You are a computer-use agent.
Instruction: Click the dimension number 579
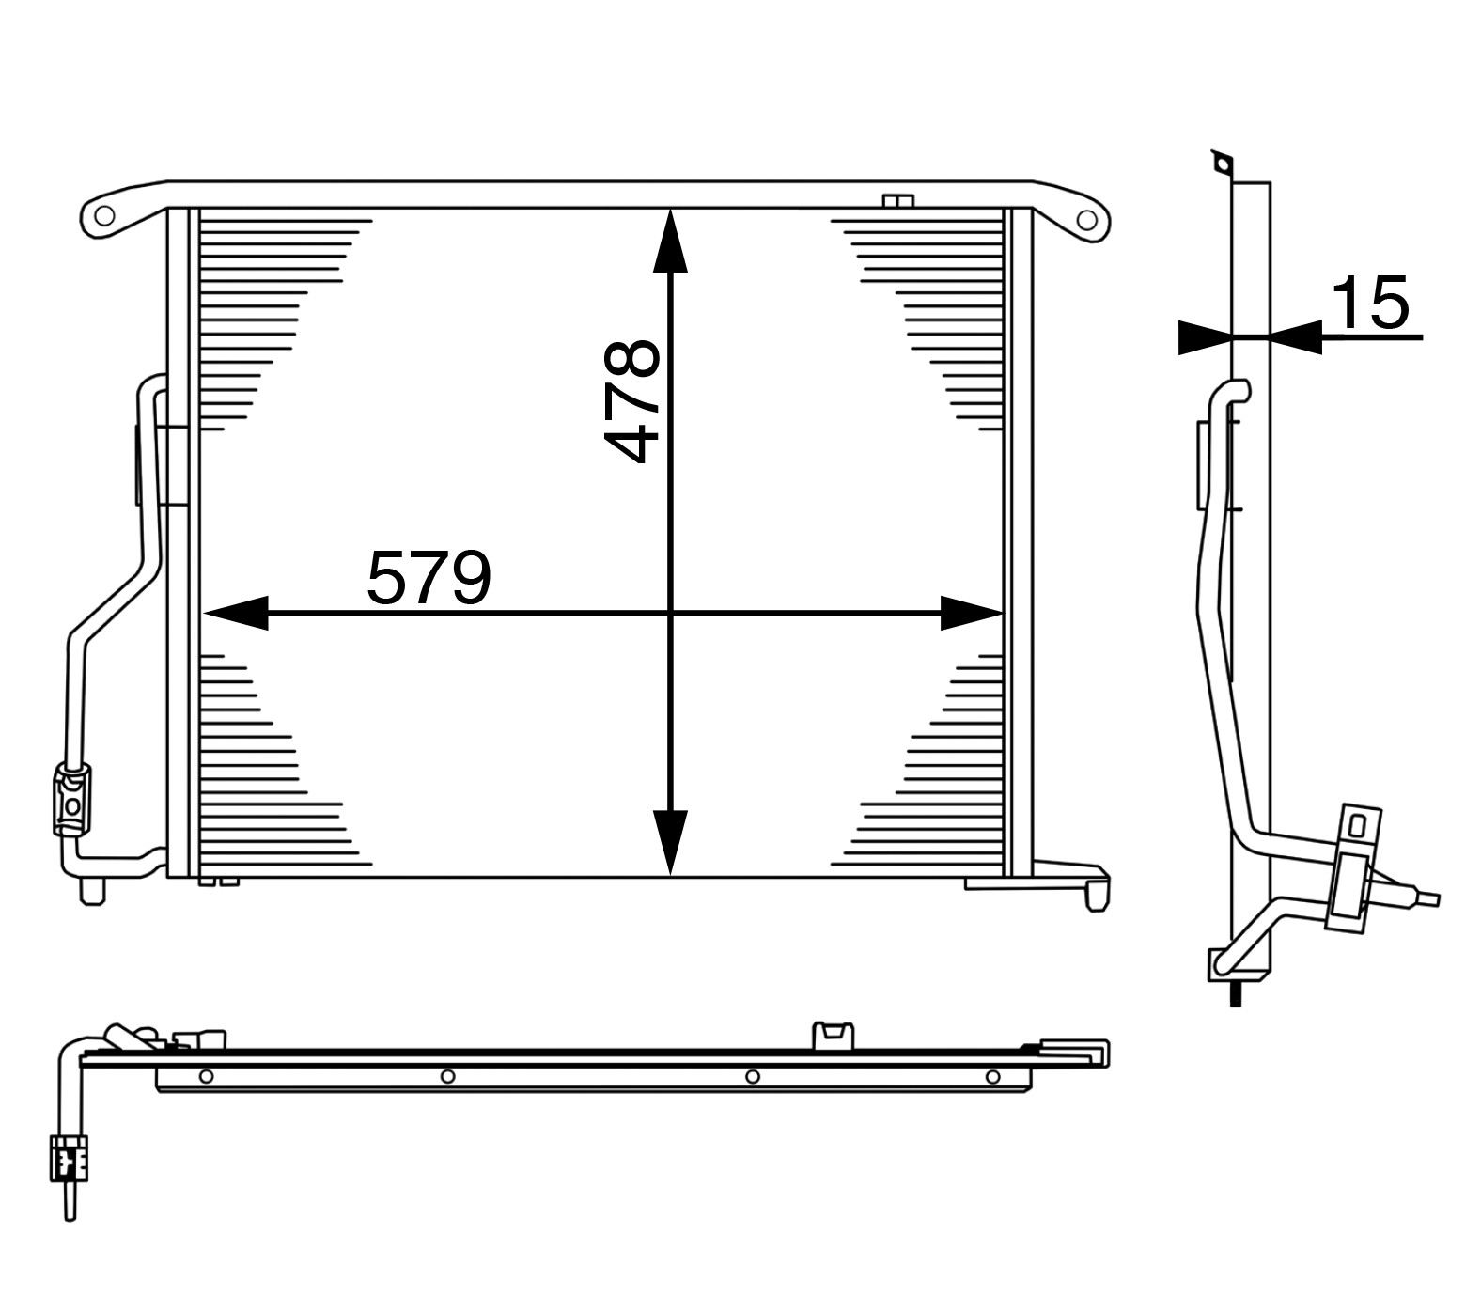coord(428,578)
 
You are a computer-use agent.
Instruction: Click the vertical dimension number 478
coord(631,401)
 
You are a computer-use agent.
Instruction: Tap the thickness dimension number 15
coord(1370,304)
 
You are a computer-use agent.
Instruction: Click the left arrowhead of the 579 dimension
coord(235,613)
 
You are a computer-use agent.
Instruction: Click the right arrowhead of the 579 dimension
coord(972,613)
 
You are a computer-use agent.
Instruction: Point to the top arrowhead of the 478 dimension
coord(669,242)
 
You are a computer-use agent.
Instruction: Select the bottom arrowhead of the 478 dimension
coord(669,841)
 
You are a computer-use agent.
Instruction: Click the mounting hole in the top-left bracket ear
coord(104,216)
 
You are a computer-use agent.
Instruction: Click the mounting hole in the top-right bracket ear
coord(1086,221)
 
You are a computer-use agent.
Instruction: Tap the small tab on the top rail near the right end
coord(898,200)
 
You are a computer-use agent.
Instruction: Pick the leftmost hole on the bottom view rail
coord(206,1076)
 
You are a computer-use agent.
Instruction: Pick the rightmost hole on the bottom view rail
coord(992,1076)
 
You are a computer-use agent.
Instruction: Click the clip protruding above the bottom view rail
coord(833,1034)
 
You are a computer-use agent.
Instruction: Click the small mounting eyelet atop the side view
coord(1221,165)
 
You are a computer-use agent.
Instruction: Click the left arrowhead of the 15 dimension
coord(1204,336)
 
